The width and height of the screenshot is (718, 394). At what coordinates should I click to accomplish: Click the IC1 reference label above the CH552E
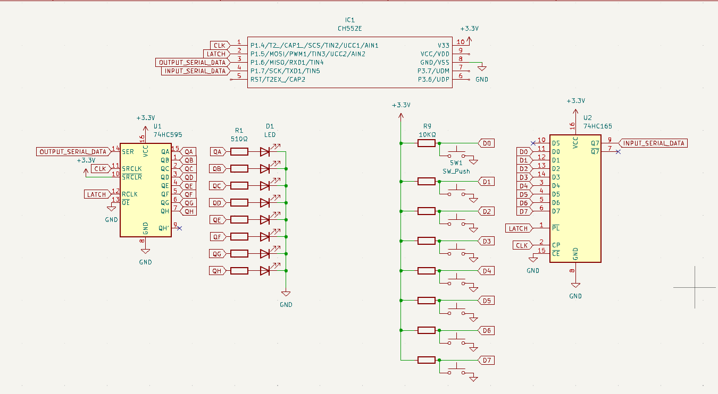tap(349, 20)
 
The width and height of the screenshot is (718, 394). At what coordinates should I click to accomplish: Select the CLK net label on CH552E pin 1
tap(219, 45)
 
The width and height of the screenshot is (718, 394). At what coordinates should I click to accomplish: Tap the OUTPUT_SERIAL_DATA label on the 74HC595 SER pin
tap(73, 152)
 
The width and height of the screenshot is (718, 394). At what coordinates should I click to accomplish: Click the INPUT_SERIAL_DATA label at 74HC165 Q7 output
tap(654, 143)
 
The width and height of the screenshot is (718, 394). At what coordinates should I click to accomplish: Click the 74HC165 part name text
tap(598, 126)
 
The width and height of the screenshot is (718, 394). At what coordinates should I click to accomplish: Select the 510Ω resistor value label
tap(239, 139)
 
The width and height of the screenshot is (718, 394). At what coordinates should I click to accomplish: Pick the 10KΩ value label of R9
tap(427, 135)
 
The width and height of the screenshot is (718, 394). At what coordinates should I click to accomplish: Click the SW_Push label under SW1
tap(456, 172)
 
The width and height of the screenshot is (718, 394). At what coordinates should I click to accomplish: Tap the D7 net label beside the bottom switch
tap(487, 361)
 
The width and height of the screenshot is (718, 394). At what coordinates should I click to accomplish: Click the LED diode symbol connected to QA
tap(266, 152)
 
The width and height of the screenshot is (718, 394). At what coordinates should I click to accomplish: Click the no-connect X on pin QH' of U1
tap(179, 228)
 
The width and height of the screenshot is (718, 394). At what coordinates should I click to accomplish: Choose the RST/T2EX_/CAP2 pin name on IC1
tap(278, 79)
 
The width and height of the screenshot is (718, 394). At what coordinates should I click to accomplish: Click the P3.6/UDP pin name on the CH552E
tap(435, 79)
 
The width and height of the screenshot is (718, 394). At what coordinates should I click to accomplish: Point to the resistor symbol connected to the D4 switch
tap(427, 271)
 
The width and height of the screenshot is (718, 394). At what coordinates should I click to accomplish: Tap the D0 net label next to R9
tap(487, 143)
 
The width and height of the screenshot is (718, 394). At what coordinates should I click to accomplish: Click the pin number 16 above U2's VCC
tap(572, 126)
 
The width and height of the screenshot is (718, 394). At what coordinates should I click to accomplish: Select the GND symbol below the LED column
tap(286, 293)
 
